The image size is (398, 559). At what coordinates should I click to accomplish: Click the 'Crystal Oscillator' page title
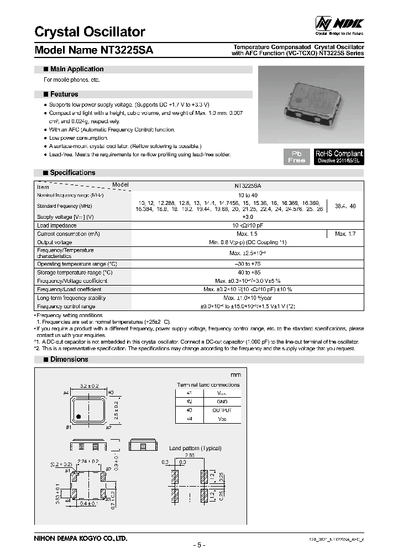pos(90,32)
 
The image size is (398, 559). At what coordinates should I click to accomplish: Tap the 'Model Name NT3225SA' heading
pos(94,50)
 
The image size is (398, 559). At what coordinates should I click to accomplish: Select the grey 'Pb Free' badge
pos(296,156)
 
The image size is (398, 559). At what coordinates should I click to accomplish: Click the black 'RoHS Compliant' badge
pos(339,156)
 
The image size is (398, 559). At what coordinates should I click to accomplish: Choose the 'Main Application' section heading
pos(76,69)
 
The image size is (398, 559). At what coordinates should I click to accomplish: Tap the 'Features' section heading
pos(64,94)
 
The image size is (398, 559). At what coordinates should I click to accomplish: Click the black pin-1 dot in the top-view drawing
pos(79,415)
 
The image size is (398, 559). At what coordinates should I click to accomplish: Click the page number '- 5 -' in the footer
pos(199,546)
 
